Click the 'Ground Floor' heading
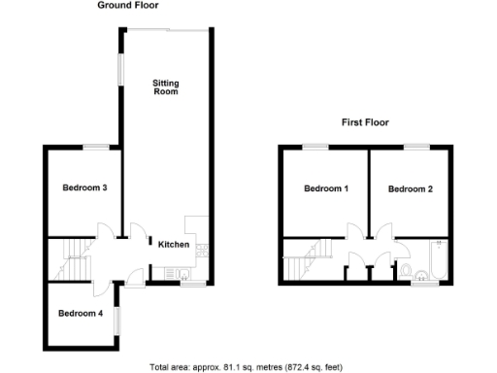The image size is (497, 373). click(x=128, y=6)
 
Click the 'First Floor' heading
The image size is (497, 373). click(x=364, y=122)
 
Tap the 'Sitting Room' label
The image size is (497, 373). click(x=166, y=87)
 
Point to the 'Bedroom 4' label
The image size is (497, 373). click(x=79, y=313)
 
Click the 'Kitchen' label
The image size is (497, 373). click(x=174, y=244)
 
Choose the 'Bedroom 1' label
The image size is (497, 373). click(x=326, y=188)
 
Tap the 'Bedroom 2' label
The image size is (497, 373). click(x=410, y=188)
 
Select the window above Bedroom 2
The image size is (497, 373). click(x=416, y=146)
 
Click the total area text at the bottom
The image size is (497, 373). click(x=246, y=367)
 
